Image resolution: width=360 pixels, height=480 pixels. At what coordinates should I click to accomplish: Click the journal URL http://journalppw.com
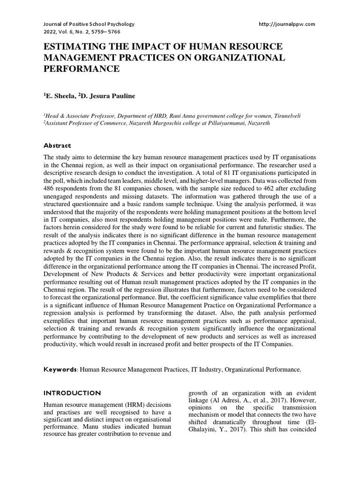tap(287, 24)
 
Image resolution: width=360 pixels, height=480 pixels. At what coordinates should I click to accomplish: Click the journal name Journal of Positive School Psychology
tap(89, 24)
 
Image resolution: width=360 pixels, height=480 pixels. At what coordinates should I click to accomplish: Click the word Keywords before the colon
tap(60, 370)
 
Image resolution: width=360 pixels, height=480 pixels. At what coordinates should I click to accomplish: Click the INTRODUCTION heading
tap(72, 393)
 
